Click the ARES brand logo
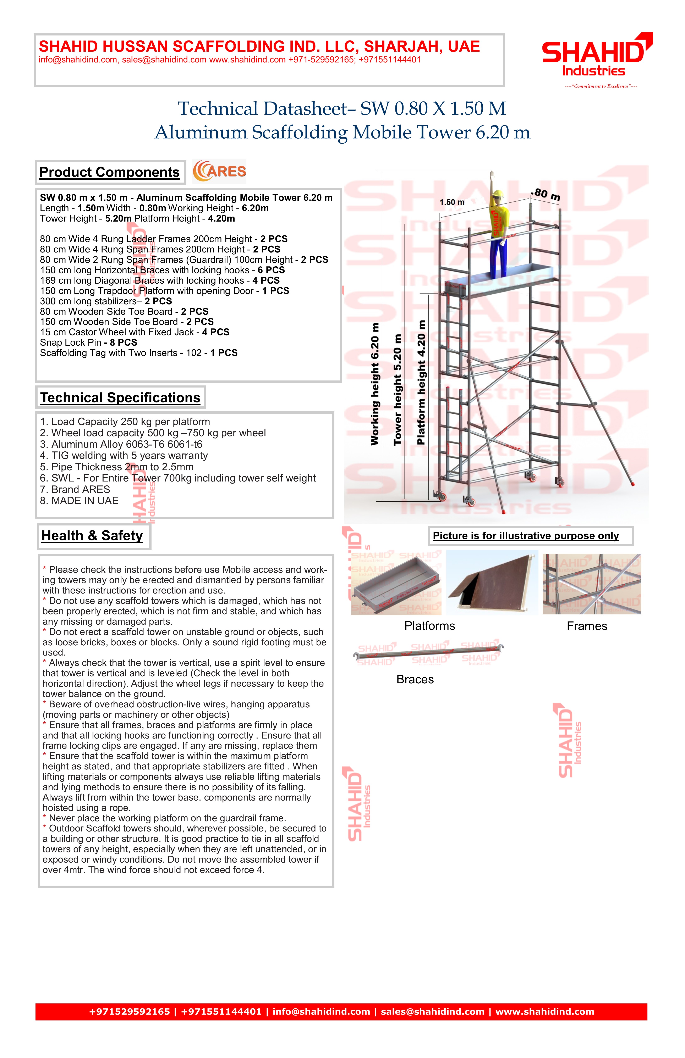tap(219, 172)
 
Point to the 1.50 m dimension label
tap(452, 202)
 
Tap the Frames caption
tap(587, 626)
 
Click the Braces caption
tap(415, 680)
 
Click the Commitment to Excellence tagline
tap(601, 86)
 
